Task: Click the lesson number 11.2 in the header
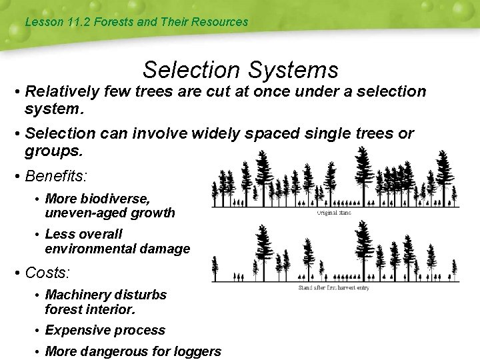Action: click(x=79, y=22)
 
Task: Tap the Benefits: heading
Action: click(x=56, y=177)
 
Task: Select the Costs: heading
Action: click(x=47, y=273)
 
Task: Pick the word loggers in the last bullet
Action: click(x=197, y=351)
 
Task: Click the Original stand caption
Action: click(x=333, y=213)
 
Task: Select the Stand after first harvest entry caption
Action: click(x=333, y=287)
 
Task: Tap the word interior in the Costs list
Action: click(x=111, y=309)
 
